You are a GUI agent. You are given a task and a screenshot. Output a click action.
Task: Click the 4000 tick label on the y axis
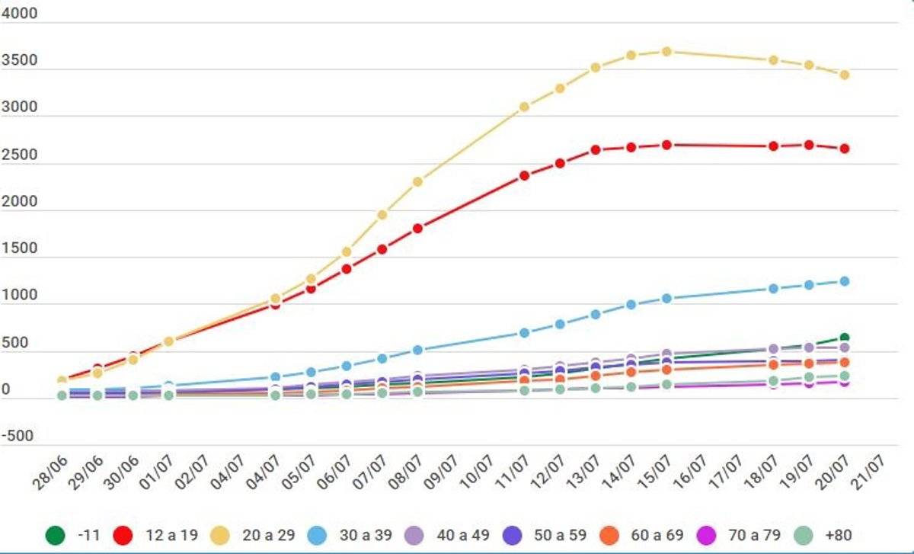pos(19,14)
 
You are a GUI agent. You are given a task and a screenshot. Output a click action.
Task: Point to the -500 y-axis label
pos(19,437)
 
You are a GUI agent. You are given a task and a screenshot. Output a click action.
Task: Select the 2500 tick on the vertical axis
pos(19,155)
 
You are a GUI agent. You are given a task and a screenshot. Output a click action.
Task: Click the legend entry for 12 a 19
pos(156,534)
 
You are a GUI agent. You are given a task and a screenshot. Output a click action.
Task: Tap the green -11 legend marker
pos(54,534)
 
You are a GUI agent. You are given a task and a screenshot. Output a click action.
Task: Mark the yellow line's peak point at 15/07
pos(666,51)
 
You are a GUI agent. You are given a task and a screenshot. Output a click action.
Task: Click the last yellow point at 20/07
pos(844,75)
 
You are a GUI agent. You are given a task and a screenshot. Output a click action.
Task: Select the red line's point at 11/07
pos(524,175)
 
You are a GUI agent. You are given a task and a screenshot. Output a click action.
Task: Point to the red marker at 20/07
pos(844,149)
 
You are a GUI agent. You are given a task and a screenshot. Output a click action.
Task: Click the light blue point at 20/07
pos(844,281)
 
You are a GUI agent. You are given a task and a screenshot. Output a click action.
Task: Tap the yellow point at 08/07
pos(417,181)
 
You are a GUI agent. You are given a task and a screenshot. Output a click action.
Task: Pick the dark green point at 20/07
pos(844,338)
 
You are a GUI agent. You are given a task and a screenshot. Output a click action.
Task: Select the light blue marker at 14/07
pos(631,305)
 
